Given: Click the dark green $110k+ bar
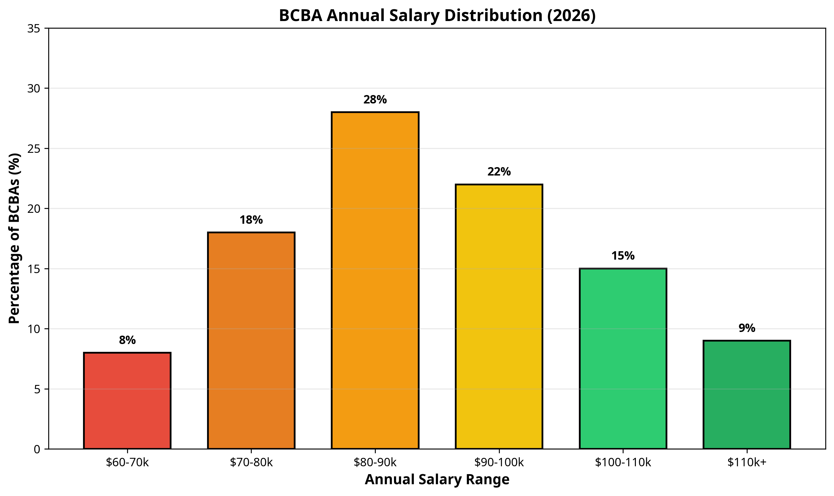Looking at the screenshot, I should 746,395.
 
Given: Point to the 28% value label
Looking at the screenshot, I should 375,100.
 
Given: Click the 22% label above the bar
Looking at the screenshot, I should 499,172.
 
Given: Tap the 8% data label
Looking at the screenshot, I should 127,340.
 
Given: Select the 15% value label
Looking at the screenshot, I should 623,256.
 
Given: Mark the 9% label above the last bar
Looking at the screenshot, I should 746,328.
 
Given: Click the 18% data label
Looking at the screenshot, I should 251,220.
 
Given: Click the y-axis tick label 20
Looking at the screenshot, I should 33,209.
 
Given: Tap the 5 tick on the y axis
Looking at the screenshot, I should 37,389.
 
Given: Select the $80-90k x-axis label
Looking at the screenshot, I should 375,463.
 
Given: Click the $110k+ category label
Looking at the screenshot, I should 746,463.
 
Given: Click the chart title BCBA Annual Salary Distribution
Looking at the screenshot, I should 437,15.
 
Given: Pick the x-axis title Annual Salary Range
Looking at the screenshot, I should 437,479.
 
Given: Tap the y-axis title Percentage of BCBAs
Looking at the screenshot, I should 15,238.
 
